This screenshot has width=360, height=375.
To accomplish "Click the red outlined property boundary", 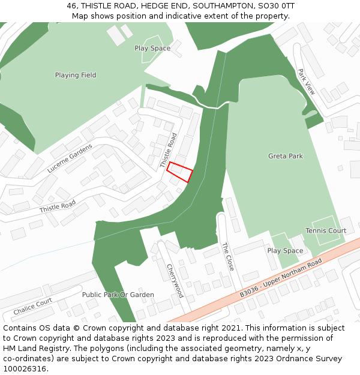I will [179, 172].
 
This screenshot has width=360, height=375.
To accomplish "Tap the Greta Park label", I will [285, 156].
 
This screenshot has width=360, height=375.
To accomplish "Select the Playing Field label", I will [76, 75].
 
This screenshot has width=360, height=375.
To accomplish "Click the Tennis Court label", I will [326, 230].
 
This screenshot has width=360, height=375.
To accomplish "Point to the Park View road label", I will [306, 81].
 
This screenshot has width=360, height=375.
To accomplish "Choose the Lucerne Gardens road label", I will [70, 158].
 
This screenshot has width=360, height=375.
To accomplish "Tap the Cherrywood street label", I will [175, 280].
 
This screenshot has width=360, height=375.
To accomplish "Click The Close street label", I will [227, 256].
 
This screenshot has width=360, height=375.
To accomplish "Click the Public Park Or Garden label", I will [118, 295].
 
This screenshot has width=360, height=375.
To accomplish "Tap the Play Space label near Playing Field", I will [152, 48].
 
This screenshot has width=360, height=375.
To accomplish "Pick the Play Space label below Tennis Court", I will [285, 251].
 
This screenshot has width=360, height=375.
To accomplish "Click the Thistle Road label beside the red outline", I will [169, 150].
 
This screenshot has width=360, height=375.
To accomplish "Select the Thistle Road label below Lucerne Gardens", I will [58, 206].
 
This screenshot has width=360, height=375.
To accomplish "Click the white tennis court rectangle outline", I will [326, 230].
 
